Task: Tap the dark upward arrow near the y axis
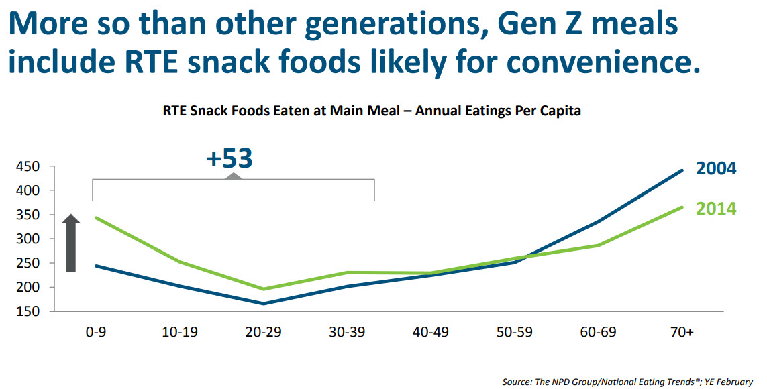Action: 71,243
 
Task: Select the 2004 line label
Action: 716,168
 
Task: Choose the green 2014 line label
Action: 716,209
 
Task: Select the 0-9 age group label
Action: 95,333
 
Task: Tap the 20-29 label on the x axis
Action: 264,333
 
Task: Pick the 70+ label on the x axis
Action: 682,333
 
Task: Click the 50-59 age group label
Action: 515,333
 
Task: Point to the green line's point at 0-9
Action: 96,217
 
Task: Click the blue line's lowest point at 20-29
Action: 264,304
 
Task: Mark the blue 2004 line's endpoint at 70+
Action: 682,170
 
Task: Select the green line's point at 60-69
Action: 599,245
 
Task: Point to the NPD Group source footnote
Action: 627,381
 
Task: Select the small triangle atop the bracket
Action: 233,176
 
